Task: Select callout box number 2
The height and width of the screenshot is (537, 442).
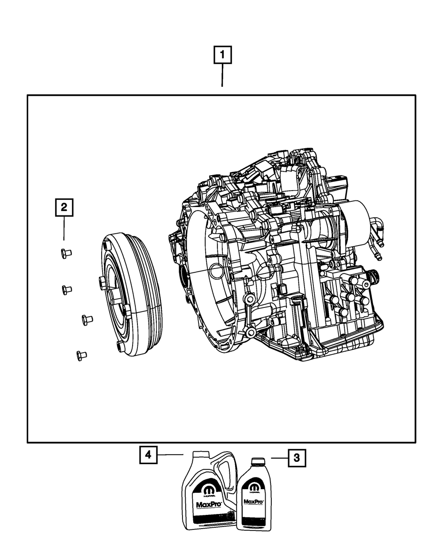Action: pos(64,207)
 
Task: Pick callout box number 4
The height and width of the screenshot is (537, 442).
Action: pos(149,454)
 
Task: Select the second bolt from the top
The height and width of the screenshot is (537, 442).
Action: pos(66,290)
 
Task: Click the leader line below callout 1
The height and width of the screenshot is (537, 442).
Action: pos(222,76)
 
